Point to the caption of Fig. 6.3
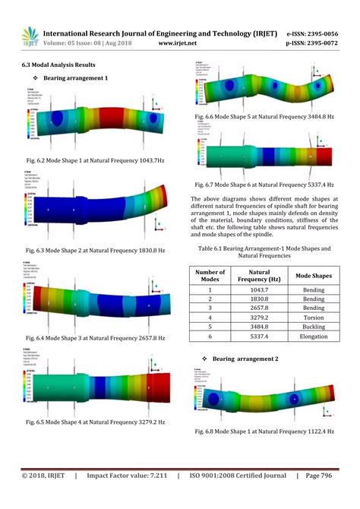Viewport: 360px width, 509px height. coord(96,250)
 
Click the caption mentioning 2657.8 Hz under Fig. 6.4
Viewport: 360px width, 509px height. coord(96,337)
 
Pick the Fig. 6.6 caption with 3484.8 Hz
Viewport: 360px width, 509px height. coord(265,116)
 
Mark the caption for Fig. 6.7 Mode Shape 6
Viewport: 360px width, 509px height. coord(265,185)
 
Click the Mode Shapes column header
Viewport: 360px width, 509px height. coord(314,277)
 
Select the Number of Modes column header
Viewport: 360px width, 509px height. coord(210,277)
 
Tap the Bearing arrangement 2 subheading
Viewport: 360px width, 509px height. coord(245,358)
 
